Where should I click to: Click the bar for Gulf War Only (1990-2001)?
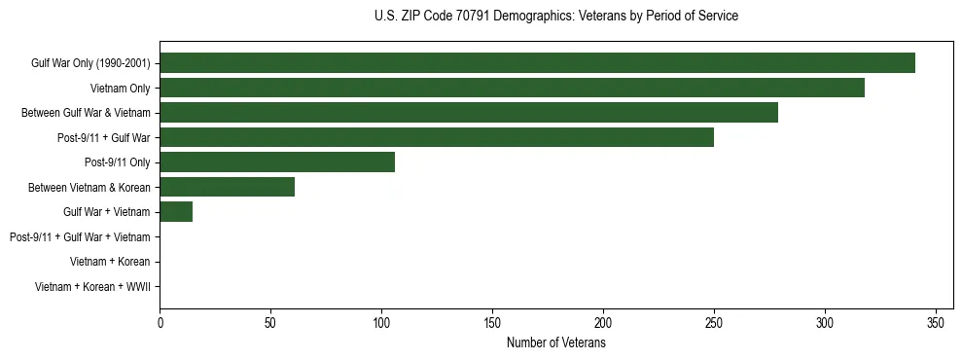tap(537, 63)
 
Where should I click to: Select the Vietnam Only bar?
tap(512, 88)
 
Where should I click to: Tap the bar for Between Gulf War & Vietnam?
tap(469, 113)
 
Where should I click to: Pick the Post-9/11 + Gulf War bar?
tap(437, 137)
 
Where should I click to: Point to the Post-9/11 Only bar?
tap(277, 162)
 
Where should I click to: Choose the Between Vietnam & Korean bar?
tap(227, 187)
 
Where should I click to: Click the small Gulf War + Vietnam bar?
tap(176, 212)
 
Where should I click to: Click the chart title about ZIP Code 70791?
tap(555, 17)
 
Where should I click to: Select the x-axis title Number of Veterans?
tap(555, 343)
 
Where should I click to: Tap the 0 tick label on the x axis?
tap(160, 323)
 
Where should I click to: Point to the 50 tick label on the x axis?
tap(271, 323)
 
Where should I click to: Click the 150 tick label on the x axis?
tap(493, 323)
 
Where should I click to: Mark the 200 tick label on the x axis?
tap(604, 323)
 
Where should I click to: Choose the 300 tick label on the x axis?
tap(825, 323)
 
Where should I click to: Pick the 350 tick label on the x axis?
tap(936, 323)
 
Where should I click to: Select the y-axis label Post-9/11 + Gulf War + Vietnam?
tap(79, 237)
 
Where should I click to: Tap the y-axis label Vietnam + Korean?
tap(109, 262)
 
